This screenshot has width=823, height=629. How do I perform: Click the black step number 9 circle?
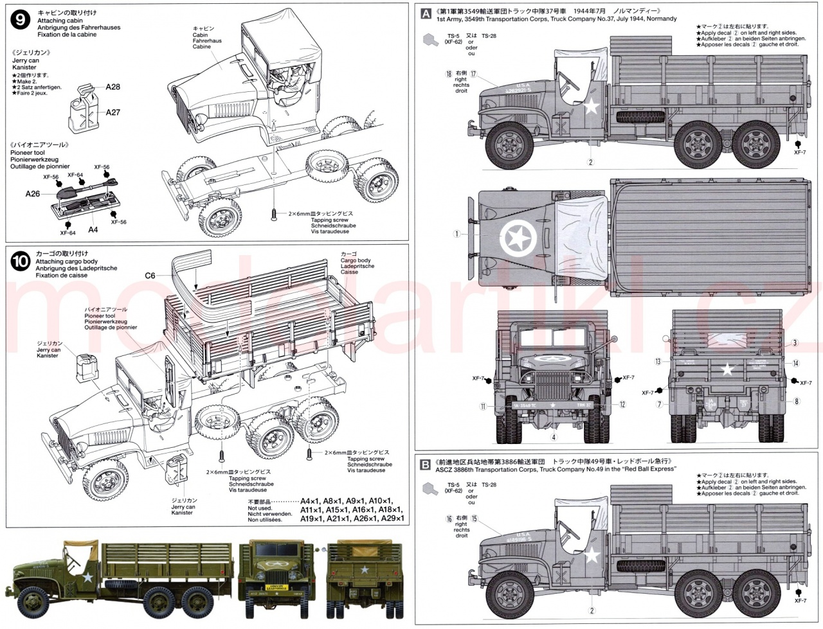[x=21, y=20]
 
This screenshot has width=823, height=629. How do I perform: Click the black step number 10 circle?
[x=21, y=261]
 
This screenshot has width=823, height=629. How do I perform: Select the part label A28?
[x=113, y=87]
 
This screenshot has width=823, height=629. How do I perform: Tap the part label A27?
[x=113, y=112]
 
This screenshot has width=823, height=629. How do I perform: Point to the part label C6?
[x=149, y=276]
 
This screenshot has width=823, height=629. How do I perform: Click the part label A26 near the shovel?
[x=33, y=193]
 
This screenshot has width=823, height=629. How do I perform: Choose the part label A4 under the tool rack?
[x=93, y=229]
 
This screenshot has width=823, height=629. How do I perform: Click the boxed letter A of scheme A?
[x=425, y=12]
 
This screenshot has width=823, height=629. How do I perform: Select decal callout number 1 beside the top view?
[x=457, y=235]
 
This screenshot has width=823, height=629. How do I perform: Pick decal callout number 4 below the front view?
[x=552, y=438]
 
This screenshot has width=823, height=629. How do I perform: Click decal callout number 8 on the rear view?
[x=796, y=402]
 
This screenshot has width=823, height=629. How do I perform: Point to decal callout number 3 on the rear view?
[x=795, y=343]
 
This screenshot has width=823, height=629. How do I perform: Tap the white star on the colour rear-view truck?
[x=364, y=569]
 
